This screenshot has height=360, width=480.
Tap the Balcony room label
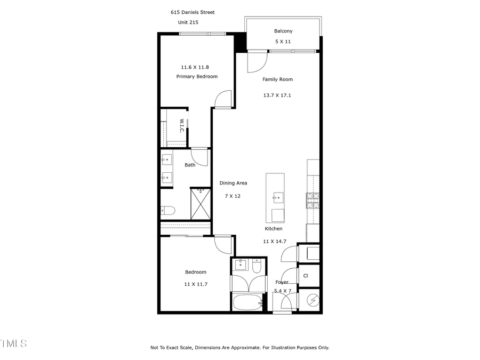[x=283, y=31]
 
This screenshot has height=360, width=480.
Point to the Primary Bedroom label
[x=197, y=77]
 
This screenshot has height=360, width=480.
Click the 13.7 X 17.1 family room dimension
[x=277, y=95]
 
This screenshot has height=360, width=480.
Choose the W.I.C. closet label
[x=181, y=126]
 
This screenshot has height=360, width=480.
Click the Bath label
[x=190, y=165]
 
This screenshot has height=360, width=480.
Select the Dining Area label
[x=233, y=183]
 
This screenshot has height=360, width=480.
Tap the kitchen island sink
[x=276, y=198]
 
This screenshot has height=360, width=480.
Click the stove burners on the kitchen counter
[x=313, y=200]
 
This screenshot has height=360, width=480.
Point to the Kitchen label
[x=274, y=229]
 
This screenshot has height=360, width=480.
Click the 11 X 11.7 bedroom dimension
[x=195, y=284]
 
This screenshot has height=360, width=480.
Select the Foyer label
[x=282, y=282]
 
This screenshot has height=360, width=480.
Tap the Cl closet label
[x=306, y=276]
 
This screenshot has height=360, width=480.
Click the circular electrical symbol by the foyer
[x=313, y=301]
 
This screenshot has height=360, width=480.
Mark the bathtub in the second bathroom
[x=247, y=302]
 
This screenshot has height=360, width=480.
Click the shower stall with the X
[x=201, y=205]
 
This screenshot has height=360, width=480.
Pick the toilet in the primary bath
[x=166, y=211]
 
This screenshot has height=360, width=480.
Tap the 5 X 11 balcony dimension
[x=283, y=42]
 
